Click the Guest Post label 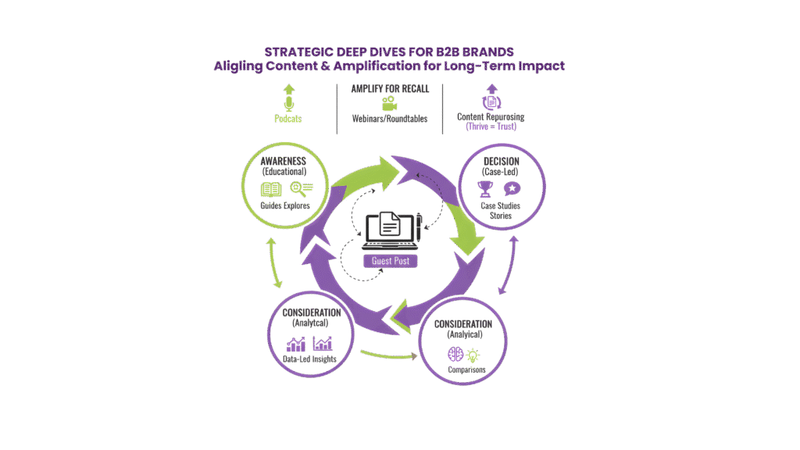pos(390,261)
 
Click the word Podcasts pos(288,119)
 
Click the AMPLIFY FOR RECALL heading pos(390,89)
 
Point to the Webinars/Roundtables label pos(390,119)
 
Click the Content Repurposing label pos(491,117)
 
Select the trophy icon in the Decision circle pos(484,188)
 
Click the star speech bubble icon pos(512,187)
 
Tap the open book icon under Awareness pos(271,189)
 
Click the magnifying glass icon pos(301,187)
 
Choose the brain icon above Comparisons pos(455,353)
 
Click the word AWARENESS pos(284,160)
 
